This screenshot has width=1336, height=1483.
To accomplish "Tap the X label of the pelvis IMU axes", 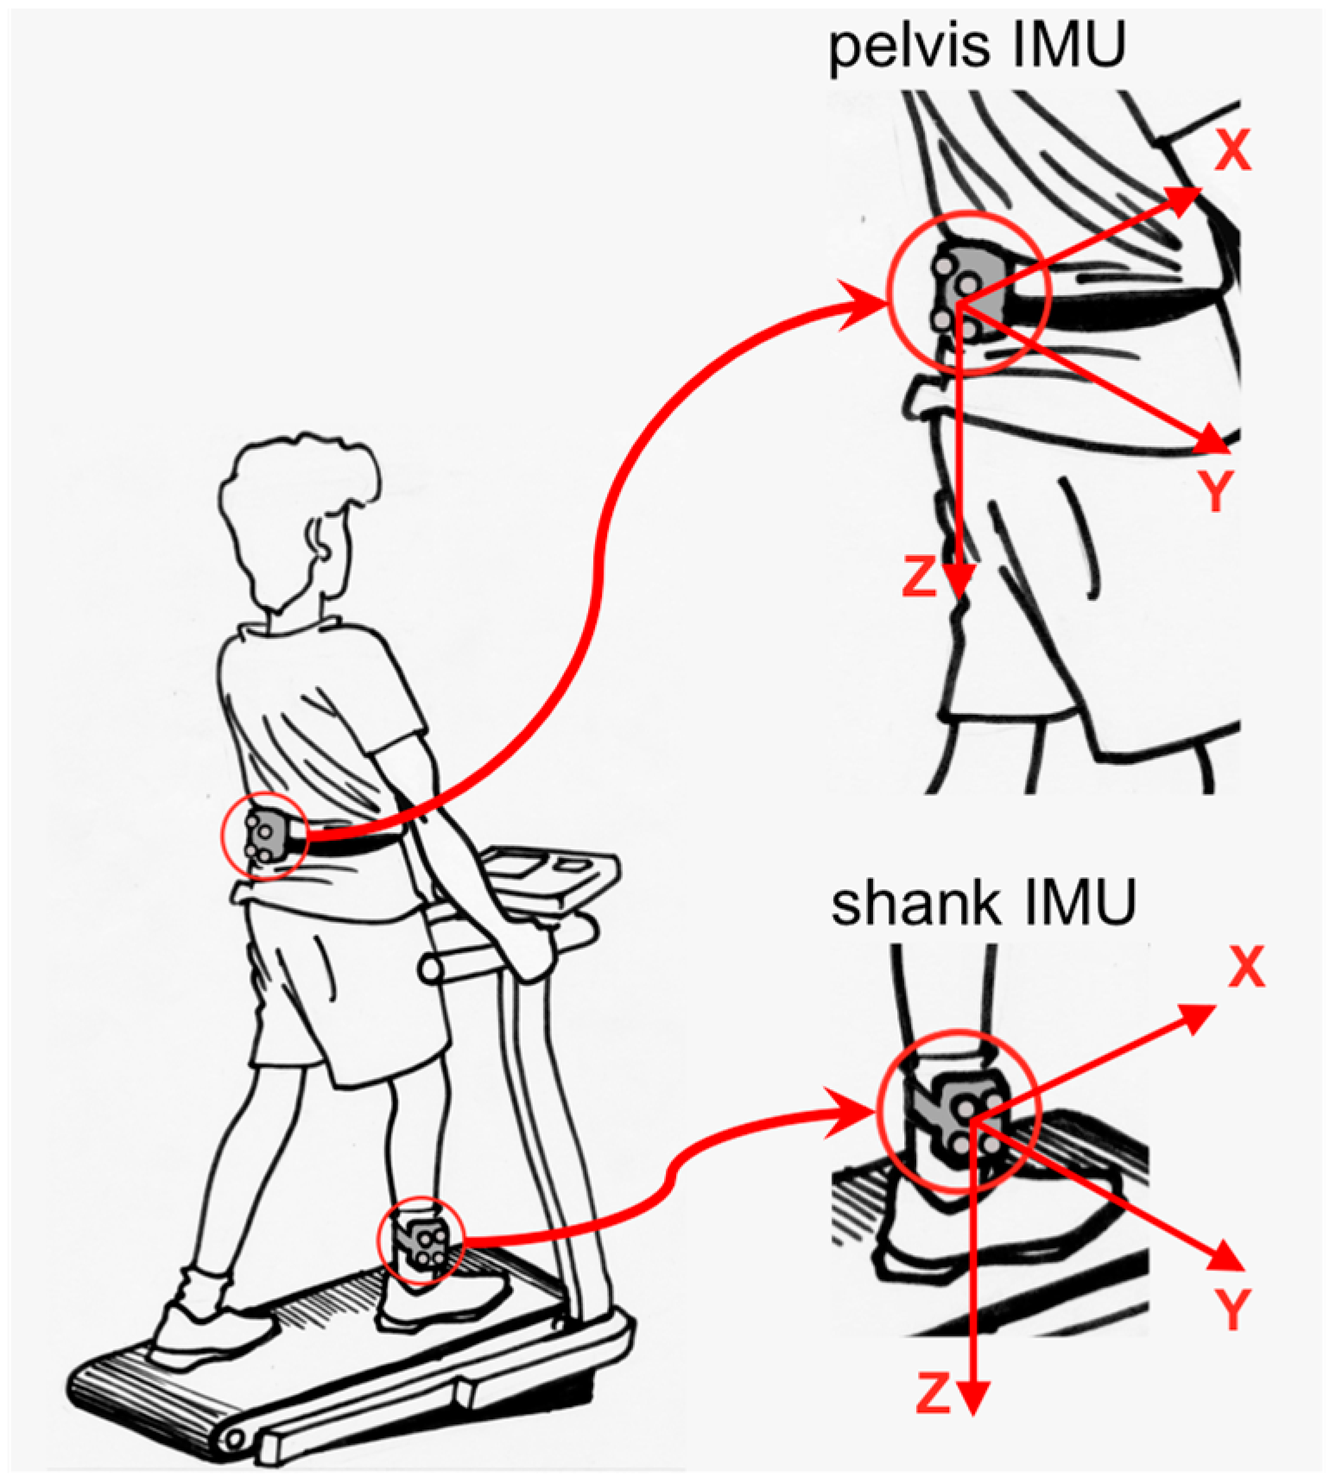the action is pyautogui.click(x=1232, y=150).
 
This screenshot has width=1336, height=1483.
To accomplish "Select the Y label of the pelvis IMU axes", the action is pyautogui.click(x=1216, y=490).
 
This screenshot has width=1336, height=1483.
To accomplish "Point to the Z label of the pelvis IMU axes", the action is pyautogui.click(x=919, y=577).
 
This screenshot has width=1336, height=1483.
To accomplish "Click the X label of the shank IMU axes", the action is pyautogui.click(x=1245, y=966).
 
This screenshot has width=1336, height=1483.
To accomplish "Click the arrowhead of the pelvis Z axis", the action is pyautogui.click(x=959, y=579).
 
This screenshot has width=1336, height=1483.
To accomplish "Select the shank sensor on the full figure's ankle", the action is pyautogui.click(x=422, y=1240).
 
